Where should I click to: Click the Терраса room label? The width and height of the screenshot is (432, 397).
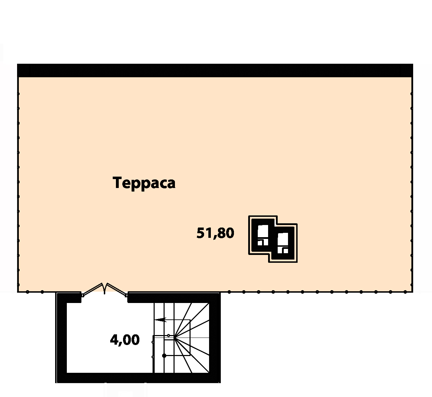click(x=144, y=183)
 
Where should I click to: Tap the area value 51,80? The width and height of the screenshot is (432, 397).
click(x=215, y=233)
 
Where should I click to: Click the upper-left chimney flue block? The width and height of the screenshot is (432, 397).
click(x=263, y=235)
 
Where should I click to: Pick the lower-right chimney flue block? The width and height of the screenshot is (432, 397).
click(x=283, y=243)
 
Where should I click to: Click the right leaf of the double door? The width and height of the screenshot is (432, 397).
click(x=117, y=289)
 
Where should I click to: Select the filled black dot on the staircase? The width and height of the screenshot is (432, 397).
click(x=164, y=356)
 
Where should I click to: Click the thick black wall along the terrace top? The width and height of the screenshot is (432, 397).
click(x=215, y=70)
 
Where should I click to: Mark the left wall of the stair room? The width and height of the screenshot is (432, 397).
click(x=62, y=338)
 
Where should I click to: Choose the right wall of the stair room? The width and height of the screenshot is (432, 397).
click(x=215, y=338)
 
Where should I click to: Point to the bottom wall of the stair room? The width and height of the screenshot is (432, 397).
click(x=138, y=377)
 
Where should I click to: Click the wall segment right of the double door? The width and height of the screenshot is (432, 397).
click(x=174, y=298)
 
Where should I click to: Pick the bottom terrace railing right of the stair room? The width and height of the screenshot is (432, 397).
click(x=316, y=292)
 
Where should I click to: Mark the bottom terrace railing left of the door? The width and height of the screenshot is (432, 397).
click(x=37, y=292)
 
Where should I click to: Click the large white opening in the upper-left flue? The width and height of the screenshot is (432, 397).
click(x=263, y=231)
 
